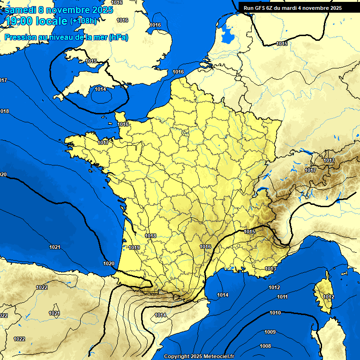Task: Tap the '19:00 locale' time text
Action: tap(37, 21)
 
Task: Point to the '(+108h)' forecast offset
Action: tap(84, 21)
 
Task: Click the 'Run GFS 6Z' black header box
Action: tap(293, 7)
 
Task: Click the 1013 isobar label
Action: tap(270, 269)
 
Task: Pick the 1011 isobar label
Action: tap(282, 297)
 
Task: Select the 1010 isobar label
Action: tap(275, 313)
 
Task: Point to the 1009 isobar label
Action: tap(270, 332)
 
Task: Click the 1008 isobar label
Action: tap(265, 346)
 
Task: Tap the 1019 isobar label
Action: tap(135, 247)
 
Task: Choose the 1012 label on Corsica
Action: tap(328, 297)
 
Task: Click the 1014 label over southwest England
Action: tap(100, 89)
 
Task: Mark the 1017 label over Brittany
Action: tap(103, 142)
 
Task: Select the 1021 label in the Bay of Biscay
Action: tap(55, 247)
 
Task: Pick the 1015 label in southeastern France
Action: tap(249, 232)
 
